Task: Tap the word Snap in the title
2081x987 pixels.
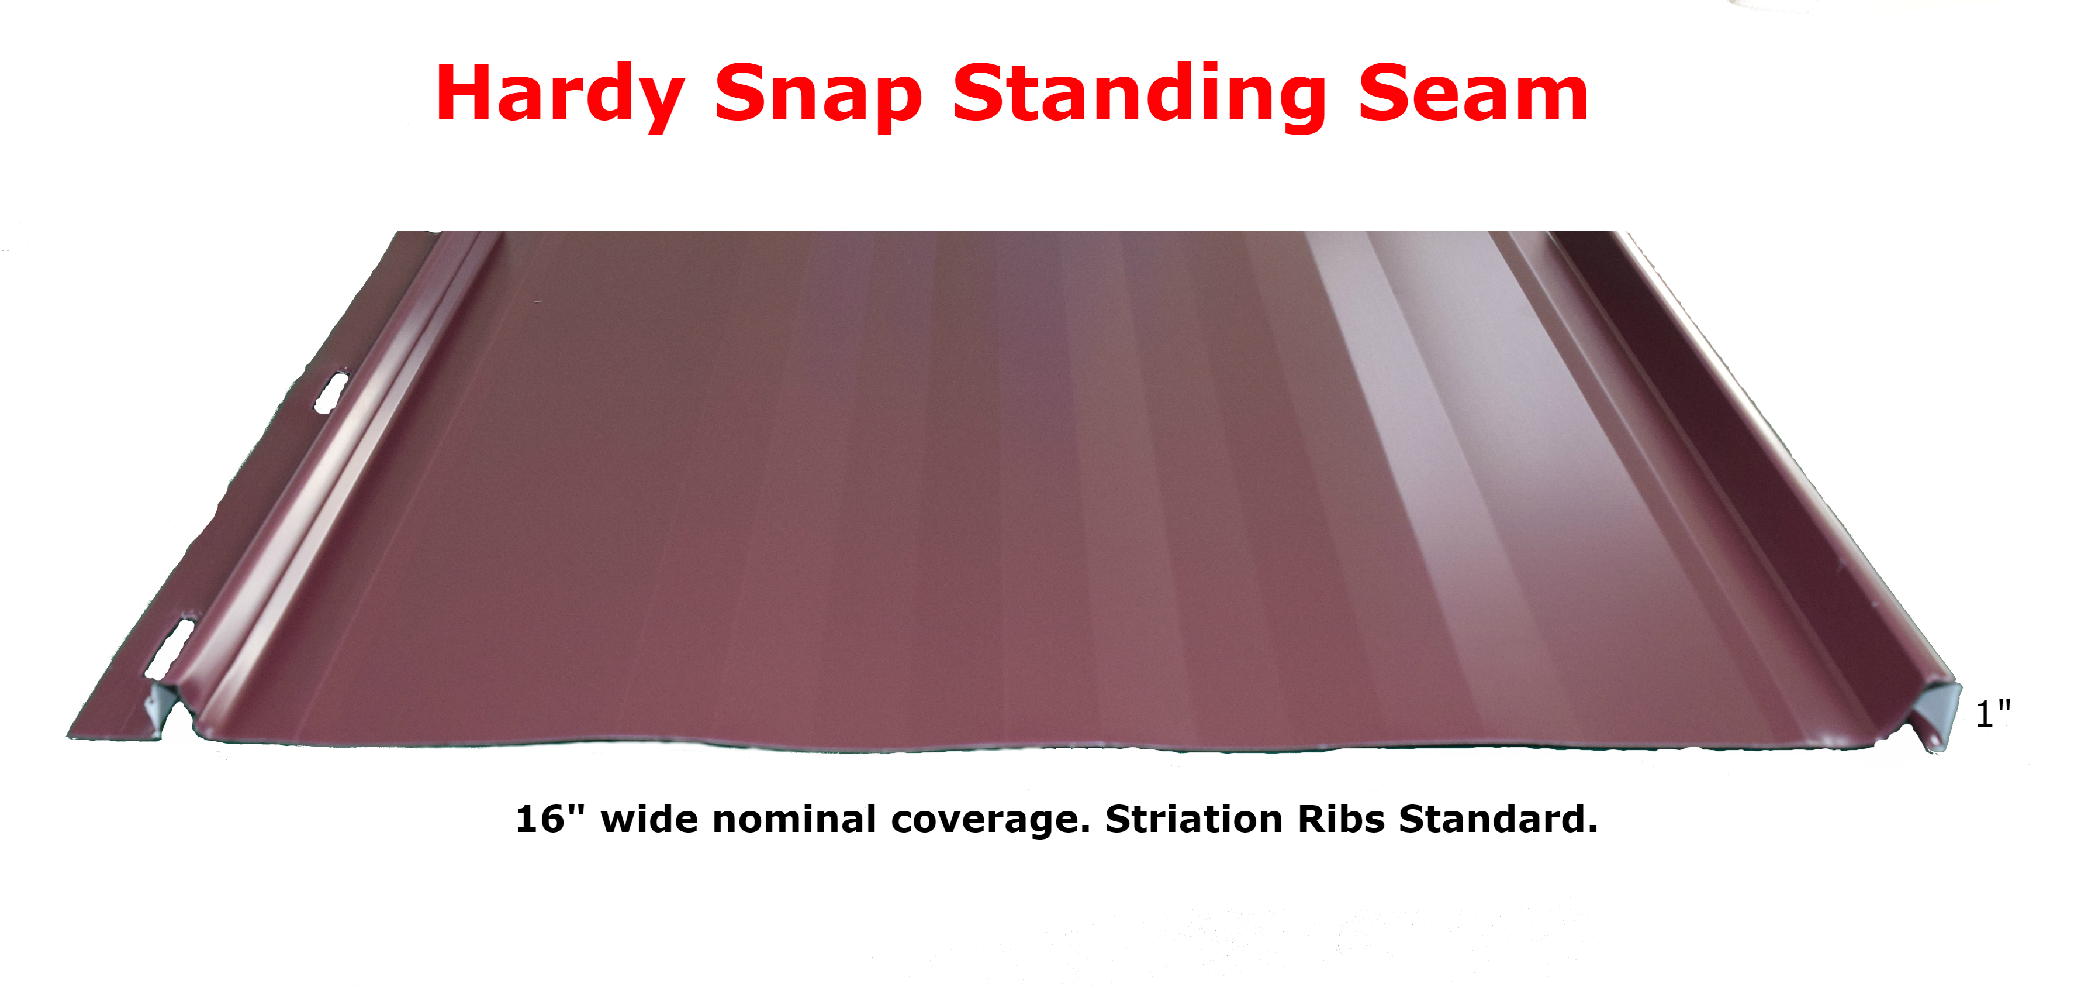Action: [818, 95]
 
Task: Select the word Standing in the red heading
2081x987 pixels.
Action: [1140, 95]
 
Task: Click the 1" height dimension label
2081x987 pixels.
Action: [1992, 714]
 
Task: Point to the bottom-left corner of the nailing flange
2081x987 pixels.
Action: [68, 737]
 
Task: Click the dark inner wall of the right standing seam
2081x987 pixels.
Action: [1737, 453]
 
